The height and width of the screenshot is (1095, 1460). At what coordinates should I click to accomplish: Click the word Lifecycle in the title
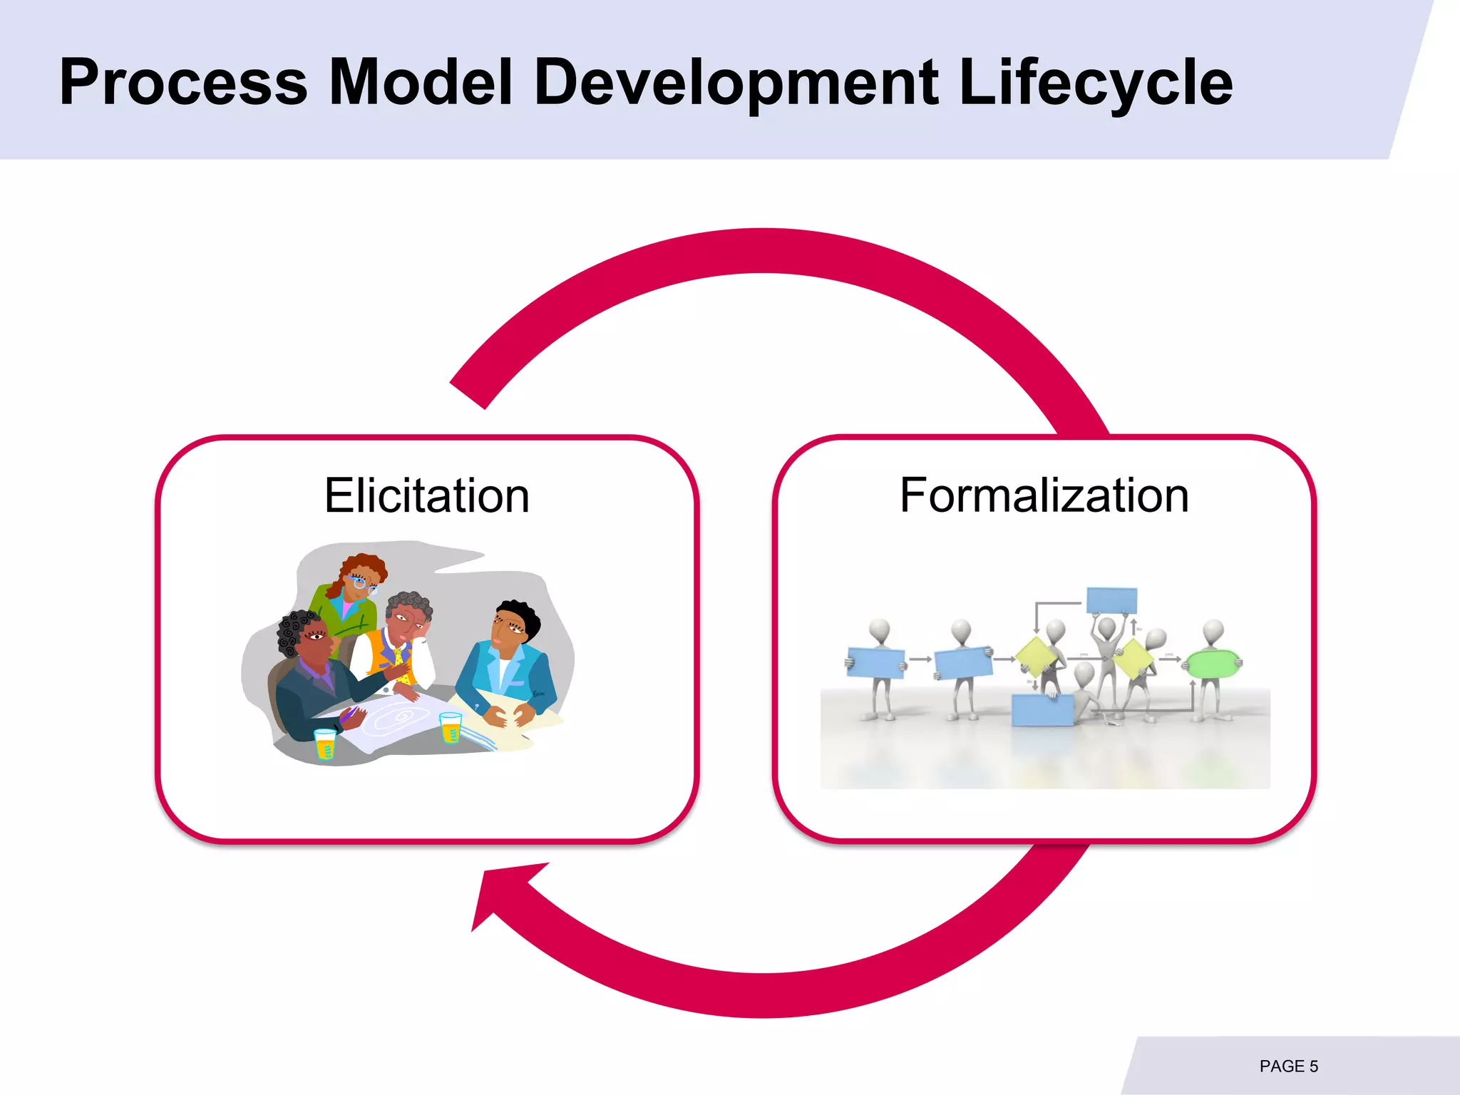pyautogui.click(x=1096, y=83)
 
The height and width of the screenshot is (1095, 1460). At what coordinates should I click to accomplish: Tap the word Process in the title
pyautogui.click(x=183, y=83)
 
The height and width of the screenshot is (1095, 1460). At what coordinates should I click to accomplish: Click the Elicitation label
pyautogui.click(x=426, y=495)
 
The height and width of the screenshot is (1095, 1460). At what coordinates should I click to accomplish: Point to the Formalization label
pyautogui.click(x=1044, y=495)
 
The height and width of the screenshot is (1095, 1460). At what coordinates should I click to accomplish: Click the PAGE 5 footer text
pyautogui.click(x=1288, y=1066)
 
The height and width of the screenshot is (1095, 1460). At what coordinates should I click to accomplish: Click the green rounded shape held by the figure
pyautogui.click(x=1211, y=664)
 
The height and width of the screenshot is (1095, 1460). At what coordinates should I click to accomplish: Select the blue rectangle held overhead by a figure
pyautogui.click(x=1111, y=600)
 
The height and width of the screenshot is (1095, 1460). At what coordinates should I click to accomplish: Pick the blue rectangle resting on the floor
pyautogui.click(x=1043, y=709)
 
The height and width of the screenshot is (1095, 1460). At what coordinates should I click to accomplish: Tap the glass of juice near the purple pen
pyautogui.click(x=325, y=744)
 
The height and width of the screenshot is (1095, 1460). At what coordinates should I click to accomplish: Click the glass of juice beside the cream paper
pyautogui.click(x=451, y=727)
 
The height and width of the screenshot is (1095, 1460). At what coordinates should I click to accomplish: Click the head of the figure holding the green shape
pyautogui.click(x=1213, y=630)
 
